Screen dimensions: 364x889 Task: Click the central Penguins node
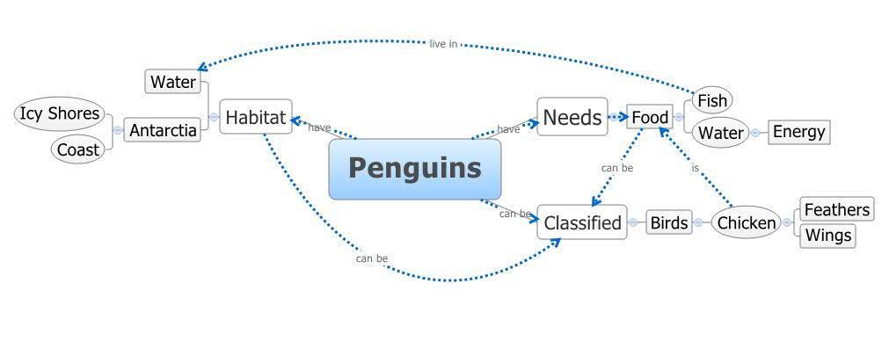coord(414,169)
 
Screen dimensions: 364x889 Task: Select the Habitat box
coord(255,116)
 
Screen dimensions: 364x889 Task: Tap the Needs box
coord(572,117)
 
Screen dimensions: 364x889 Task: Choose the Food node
coord(650,117)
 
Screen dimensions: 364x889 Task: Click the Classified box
coord(582,223)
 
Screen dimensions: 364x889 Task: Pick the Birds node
coord(668,223)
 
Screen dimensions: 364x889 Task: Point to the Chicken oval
coord(747,223)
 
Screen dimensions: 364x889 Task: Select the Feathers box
coord(836,209)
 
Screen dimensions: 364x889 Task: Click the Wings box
coord(827,236)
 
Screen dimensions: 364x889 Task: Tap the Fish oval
coord(711,100)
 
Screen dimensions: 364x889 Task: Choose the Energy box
coord(798,132)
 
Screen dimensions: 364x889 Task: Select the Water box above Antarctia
coord(172,83)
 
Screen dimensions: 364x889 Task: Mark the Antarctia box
coord(163,131)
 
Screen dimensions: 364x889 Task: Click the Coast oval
coord(78,149)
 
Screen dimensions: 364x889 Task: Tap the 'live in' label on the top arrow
coord(443,43)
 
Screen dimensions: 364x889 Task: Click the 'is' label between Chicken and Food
coord(695,167)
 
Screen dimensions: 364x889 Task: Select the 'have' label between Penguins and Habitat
coord(319,128)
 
